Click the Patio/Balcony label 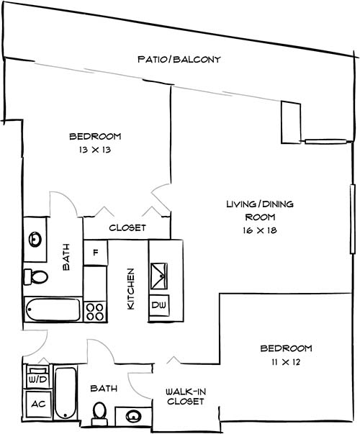click(x=179, y=59)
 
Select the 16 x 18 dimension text click(x=260, y=230)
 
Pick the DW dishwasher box click(x=158, y=305)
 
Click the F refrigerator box click(x=95, y=253)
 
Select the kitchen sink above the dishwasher click(x=158, y=274)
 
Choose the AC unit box click(x=37, y=403)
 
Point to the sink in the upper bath click(x=35, y=240)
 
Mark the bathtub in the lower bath click(x=66, y=393)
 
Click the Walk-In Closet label click(x=186, y=396)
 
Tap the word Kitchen click(x=131, y=289)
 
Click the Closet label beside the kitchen click(x=127, y=228)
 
